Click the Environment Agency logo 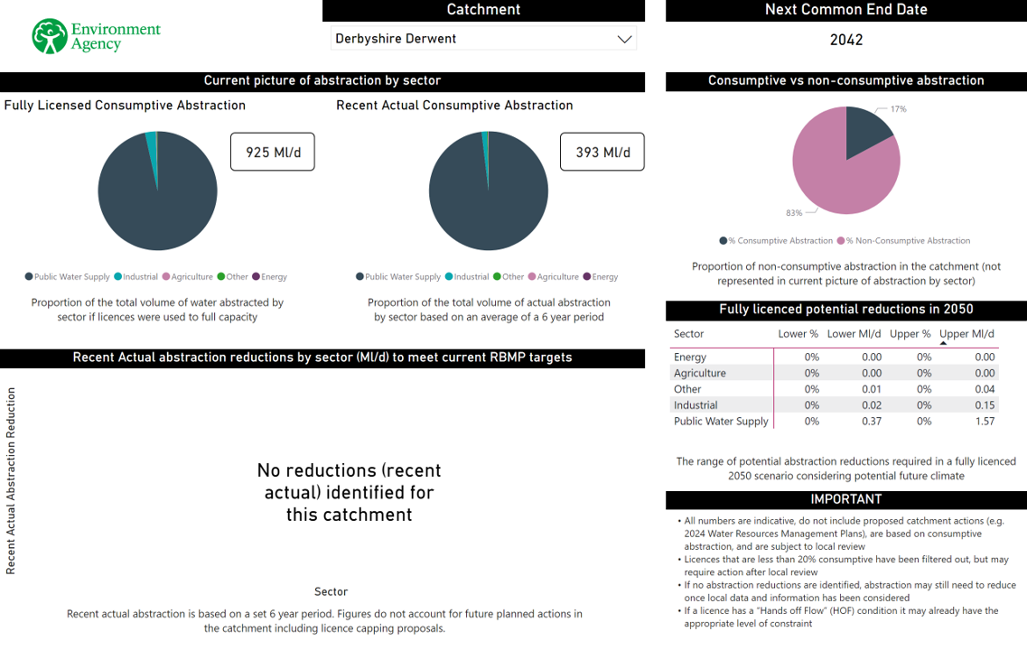tap(96, 36)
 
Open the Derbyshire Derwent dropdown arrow tap(623, 39)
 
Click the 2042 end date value tap(845, 40)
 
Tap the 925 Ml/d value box tap(272, 152)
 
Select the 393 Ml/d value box tap(602, 152)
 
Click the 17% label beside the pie tap(898, 109)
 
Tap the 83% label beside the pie tap(794, 213)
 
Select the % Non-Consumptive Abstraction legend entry tap(907, 241)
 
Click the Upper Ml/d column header tap(966, 334)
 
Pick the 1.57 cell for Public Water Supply tap(984, 422)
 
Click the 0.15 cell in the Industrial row tap(984, 405)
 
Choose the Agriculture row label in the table tap(700, 373)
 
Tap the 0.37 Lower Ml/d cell tap(871, 422)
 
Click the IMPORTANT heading tap(845, 499)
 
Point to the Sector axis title tap(331, 591)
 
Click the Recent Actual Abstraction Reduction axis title tap(11, 481)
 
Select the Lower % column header tap(798, 334)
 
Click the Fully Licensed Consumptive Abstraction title tap(125, 106)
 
